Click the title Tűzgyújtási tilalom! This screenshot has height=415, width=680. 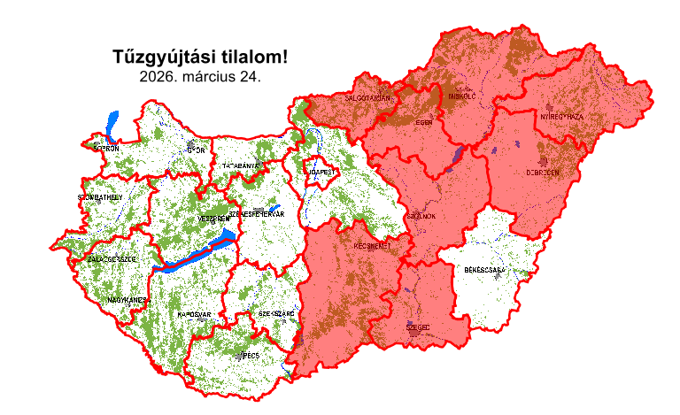[200, 58]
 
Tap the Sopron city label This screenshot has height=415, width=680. [105, 149]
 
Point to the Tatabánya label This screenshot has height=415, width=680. [240, 165]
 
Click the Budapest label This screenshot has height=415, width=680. [320, 171]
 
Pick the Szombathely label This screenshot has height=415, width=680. [101, 197]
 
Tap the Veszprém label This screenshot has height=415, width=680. [212, 219]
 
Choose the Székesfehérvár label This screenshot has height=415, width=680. [256, 214]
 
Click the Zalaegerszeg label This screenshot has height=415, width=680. [112, 259]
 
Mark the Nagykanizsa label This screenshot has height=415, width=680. [127, 300]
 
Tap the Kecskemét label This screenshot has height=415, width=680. [372, 245]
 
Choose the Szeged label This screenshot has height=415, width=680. [418, 327]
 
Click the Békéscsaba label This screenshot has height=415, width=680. [484, 269]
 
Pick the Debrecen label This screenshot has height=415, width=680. [543, 173]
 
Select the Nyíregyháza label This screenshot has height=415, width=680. [561, 117]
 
